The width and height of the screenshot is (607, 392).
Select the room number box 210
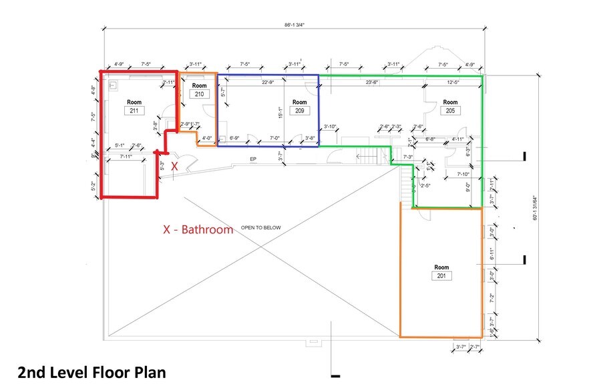coord(199,95)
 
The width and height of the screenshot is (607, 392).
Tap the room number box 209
coord(299,111)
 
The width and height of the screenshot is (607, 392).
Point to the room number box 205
coord(450,111)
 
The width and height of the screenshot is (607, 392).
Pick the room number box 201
coord(441,275)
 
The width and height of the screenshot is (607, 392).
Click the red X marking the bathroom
coord(174,165)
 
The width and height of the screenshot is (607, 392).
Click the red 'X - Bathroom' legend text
coord(198,229)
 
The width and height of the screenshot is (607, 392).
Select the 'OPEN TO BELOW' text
coord(261,227)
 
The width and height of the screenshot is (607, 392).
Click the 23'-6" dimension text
coord(371,82)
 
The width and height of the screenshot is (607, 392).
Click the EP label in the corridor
coord(253,159)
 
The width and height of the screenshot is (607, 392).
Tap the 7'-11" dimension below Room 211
coord(126,157)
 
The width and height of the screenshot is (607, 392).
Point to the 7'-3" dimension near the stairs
coord(407,157)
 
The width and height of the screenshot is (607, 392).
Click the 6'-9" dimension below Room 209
coord(234,138)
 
